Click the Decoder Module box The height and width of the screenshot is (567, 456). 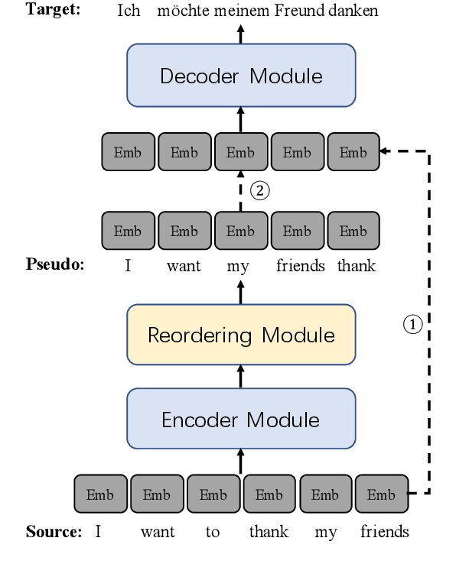point(241,76)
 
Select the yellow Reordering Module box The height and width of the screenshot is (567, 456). point(241,335)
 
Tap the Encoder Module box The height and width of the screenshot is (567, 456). point(241,419)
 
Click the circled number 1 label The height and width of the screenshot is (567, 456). point(412,325)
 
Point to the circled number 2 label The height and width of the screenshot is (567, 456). point(261,191)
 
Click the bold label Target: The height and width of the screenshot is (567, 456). point(54,10)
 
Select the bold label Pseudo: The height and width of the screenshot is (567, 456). point(55,265)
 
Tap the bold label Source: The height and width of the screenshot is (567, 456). point(54,532)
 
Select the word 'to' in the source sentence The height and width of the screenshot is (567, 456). point(213,532)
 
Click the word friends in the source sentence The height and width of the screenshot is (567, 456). point(384,532)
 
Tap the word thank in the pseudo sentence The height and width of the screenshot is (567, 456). point(357,266)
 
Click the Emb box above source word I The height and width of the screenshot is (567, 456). point(100,494)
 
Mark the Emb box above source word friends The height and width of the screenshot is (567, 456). point(381,494)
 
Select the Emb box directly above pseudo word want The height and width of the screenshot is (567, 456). point(184,231)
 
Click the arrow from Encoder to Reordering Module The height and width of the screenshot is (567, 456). point(241,376)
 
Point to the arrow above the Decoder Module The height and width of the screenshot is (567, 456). point(241,33)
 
